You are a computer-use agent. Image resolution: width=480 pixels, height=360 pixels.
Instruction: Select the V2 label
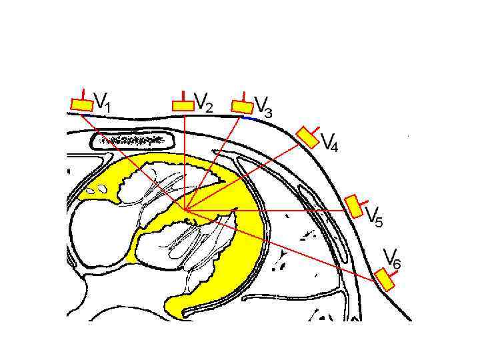(x=203, y=103)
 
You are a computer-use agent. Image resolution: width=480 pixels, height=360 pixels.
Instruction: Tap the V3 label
(x=263, y=106)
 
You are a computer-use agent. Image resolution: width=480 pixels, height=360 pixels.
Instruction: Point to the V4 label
(x=329, y=142)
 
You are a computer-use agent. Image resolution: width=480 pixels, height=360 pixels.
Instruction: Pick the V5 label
(x=374, y=218)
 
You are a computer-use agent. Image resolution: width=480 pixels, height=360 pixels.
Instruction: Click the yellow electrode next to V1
(x=82, y=105)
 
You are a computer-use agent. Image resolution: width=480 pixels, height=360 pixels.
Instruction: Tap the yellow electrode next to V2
(x=183, y=106)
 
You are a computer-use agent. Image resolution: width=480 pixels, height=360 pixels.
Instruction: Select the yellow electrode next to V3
(x=242, y=107)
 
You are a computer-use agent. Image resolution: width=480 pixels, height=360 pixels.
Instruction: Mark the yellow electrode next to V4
(x=307, y=137)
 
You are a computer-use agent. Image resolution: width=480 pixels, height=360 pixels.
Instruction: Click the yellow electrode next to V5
(x=355, y=207)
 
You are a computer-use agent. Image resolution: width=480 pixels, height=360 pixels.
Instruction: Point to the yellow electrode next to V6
(x=384, y=280)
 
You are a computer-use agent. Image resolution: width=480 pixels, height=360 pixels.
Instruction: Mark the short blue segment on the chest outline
(x=251, y=118)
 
